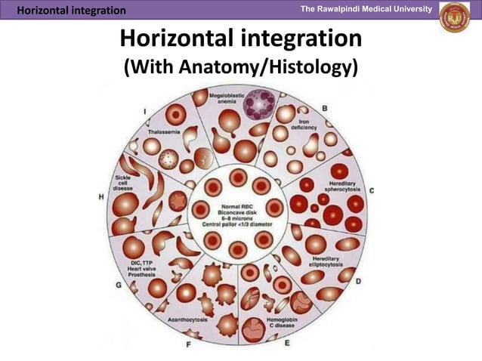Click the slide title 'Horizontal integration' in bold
coord(240,39)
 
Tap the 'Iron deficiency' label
coord(304,125)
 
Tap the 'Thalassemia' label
coord(163,131)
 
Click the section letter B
coord(325,109)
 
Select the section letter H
coord(101,196)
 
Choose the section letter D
coord(358,282)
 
